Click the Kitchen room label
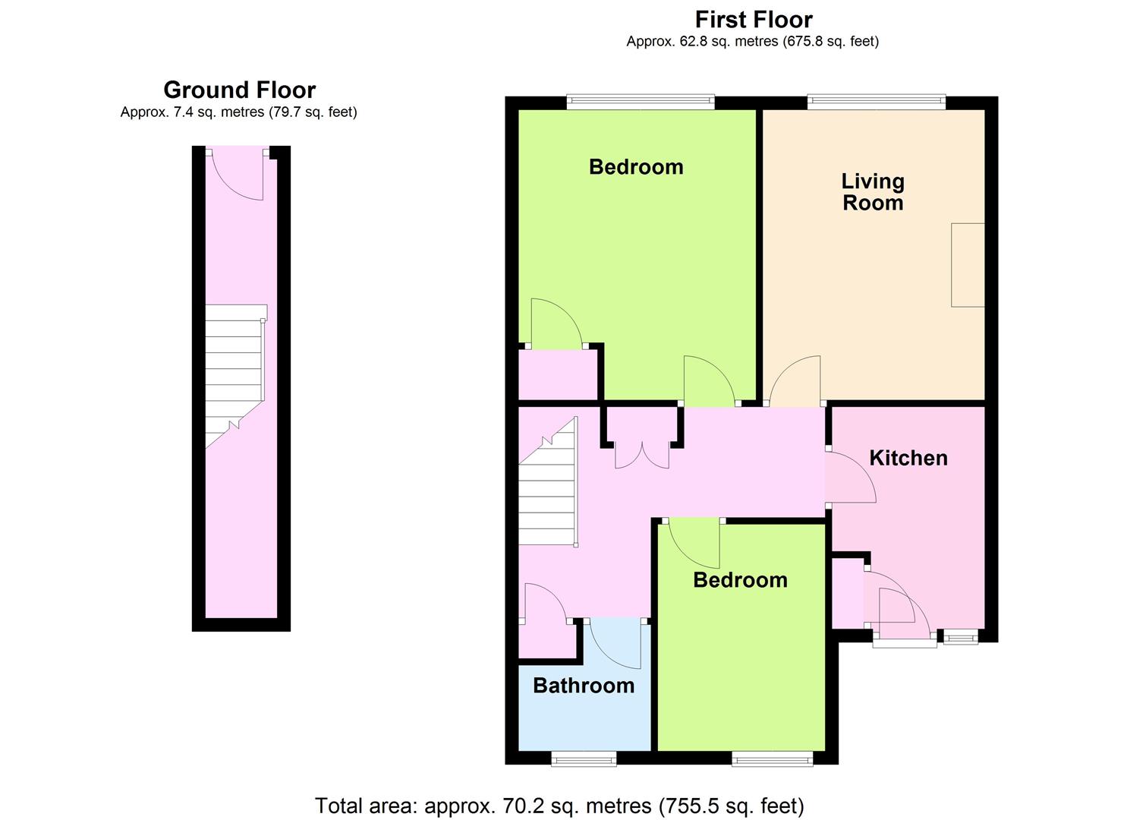click(908, 458)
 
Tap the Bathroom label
click(584, 686)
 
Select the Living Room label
click(873, 192)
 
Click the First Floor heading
click(753, 20)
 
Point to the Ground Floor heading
click(240, 90)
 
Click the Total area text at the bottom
click(559, 806)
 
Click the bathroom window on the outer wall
click(584, 759)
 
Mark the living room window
click(877, 102)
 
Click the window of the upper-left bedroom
click(641, 102)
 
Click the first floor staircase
click(549, 481)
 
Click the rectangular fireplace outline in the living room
click(968, 265)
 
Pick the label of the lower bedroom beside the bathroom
click(740, 580)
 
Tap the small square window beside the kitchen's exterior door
click(961, 638)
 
